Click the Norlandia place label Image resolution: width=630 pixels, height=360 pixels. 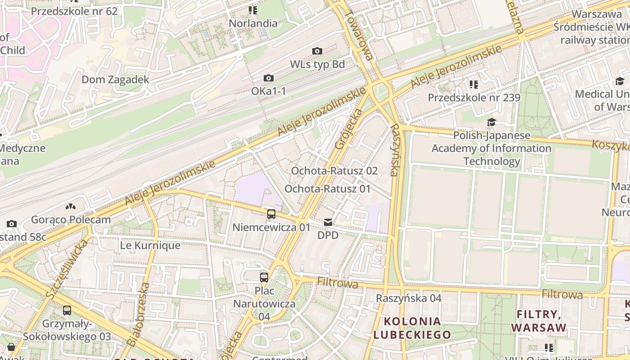(x=253, y=22)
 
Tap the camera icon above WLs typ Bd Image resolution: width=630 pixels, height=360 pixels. (x=317, y=51)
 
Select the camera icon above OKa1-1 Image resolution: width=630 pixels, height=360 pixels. (x=269, y=78)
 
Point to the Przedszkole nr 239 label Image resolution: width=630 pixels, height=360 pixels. (x=474, y=98)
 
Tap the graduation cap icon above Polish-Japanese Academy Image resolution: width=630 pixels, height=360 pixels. (x=491, y=122)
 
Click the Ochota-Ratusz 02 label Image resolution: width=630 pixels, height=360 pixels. (x=334, y=171)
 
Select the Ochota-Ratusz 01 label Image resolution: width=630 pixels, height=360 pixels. (x=327, y=189)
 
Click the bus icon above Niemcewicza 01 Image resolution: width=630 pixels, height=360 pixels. (x=271, y=214)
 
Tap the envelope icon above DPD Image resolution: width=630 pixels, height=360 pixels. (x=328, y=222)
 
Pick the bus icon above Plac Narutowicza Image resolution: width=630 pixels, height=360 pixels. (x=264, y=277)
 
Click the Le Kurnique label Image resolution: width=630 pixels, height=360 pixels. (x=150, y=246)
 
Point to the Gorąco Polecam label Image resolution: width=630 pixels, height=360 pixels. (x=71, y=220)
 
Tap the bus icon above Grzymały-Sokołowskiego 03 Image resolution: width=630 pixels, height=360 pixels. (x=67, y=310)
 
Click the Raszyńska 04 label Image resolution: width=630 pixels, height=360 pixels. (x=409, y=298)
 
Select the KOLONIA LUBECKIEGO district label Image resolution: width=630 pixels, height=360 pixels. (x=412, y=328)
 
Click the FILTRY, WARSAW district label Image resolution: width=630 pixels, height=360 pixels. (x=538, y=320)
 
